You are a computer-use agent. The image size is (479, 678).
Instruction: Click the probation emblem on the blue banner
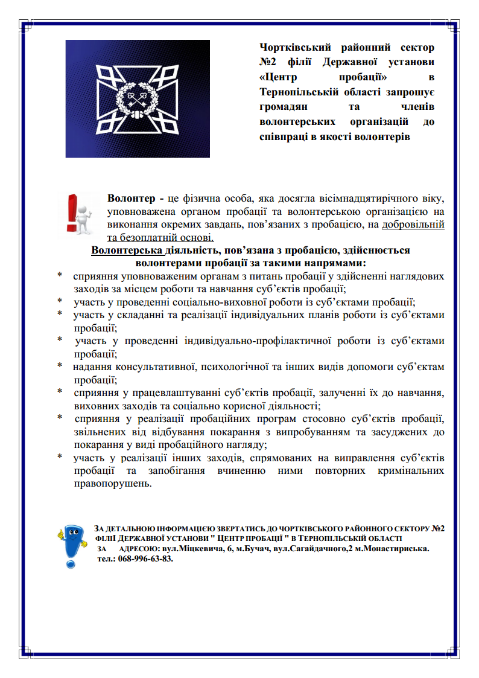[x=138, y=98]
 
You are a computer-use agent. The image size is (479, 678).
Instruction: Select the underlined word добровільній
[x=413, y=225]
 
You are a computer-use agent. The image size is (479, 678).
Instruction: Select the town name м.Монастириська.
[x=392, y=549]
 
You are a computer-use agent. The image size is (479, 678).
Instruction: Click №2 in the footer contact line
[x=439, y=528]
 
